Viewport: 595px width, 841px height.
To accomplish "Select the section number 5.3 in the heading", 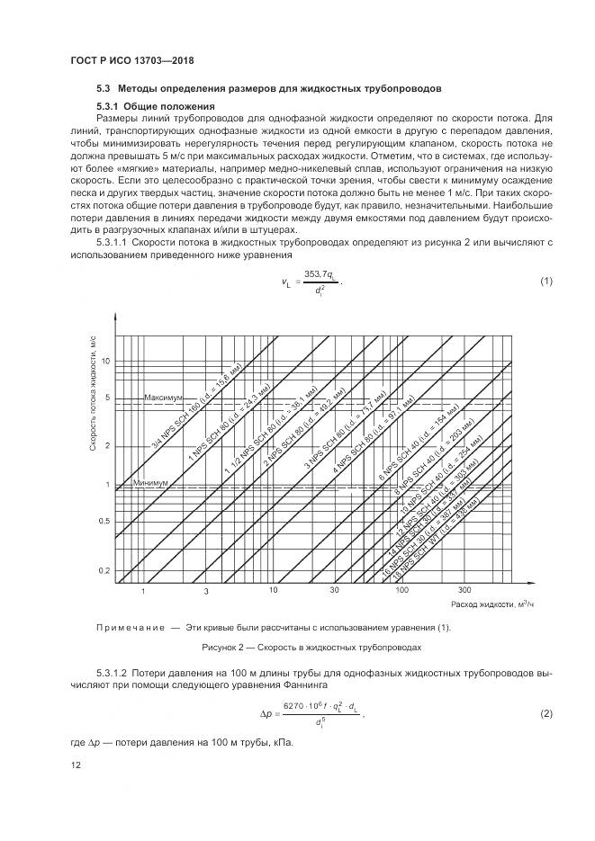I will pos(103,89).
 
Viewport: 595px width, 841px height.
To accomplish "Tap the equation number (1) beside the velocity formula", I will pos(545,282).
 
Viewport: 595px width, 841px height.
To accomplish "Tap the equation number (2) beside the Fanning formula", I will pos(545,713).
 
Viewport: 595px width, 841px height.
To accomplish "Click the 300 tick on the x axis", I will pos(464,591).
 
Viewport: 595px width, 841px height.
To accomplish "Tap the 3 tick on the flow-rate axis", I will pos(205,591).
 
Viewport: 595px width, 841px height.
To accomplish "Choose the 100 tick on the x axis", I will pos(402,591).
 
